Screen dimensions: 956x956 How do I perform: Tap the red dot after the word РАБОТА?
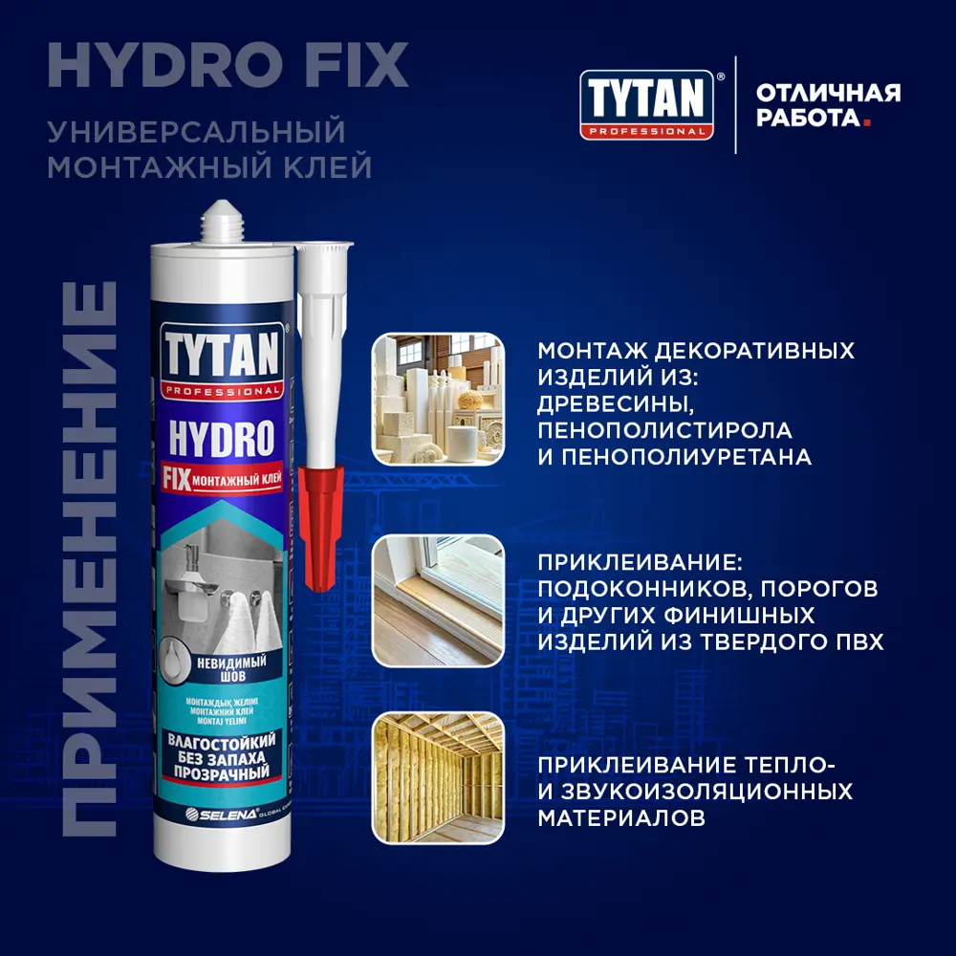point(867,122)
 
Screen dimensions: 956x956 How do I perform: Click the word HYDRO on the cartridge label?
point(221,439)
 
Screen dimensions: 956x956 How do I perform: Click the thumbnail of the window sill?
point(437,600)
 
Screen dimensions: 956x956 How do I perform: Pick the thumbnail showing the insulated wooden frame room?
point(437,777)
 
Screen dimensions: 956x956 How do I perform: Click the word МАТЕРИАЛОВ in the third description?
point(621,818)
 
